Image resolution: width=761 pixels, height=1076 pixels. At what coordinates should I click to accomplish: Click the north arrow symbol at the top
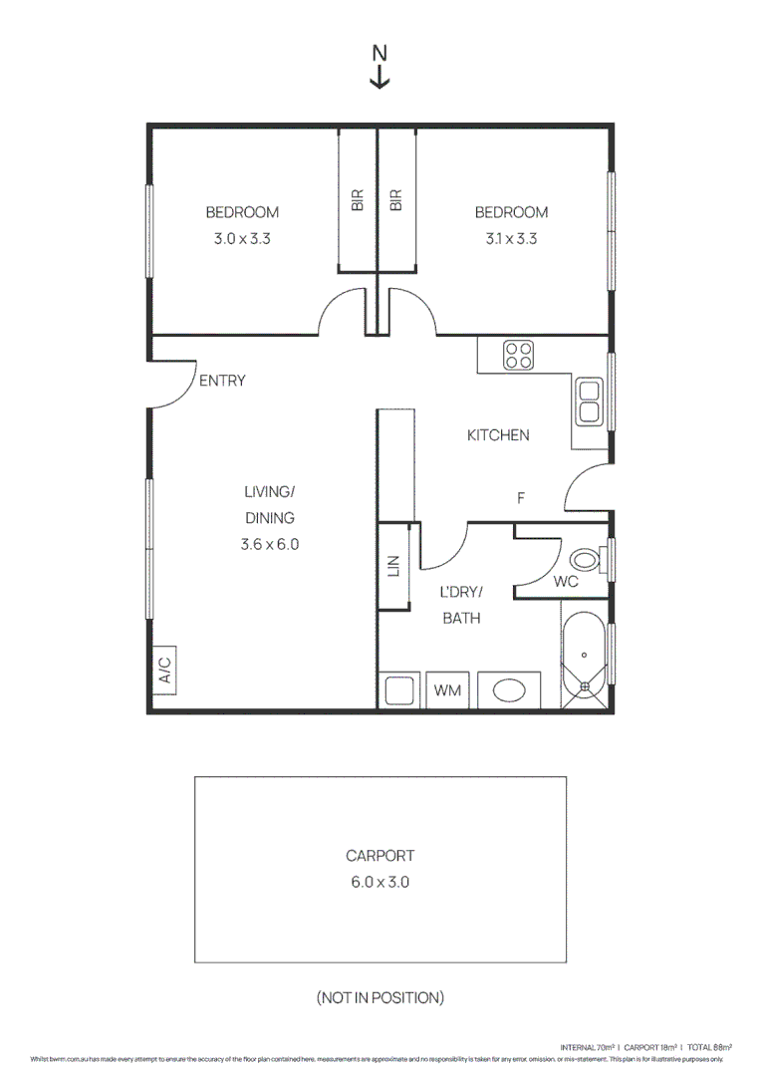click(x=380, y=67)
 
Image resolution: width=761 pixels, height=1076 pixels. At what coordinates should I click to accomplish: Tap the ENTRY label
click(x=222, y=381)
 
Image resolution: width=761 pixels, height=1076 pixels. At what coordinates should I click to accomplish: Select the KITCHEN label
click(x=498, y=435)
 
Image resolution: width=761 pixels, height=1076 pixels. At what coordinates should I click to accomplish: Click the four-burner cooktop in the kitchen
click(x=517, y=356)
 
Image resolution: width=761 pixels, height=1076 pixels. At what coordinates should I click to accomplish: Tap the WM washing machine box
click(x=448, y=690)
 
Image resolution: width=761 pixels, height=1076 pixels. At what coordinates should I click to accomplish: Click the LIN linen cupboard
click(x=393, y=566)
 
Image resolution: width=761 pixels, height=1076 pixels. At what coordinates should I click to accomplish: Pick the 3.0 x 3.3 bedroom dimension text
click(x=242, y=239)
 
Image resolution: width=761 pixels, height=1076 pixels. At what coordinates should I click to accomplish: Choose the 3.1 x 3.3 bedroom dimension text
click(x=511, y=239)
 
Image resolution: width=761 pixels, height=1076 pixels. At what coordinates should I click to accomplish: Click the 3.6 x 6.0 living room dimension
click(x=269, y=545)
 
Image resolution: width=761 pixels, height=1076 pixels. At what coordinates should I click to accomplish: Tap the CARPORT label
click(x=380, y=855)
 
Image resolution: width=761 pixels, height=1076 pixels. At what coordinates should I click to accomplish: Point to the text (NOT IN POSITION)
click(x=380, y=997)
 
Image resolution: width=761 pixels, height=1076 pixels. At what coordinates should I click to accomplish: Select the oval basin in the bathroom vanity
click(x=509, y=690)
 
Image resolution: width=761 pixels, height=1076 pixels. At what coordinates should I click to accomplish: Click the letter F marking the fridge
click(x=520, y=499)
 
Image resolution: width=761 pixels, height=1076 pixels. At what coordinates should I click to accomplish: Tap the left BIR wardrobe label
click(x=357, y=200)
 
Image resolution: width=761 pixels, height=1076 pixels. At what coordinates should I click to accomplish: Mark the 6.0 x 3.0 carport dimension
click(x=380, y=882)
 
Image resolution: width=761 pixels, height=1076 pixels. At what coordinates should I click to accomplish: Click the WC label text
click(x=565, y=582)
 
